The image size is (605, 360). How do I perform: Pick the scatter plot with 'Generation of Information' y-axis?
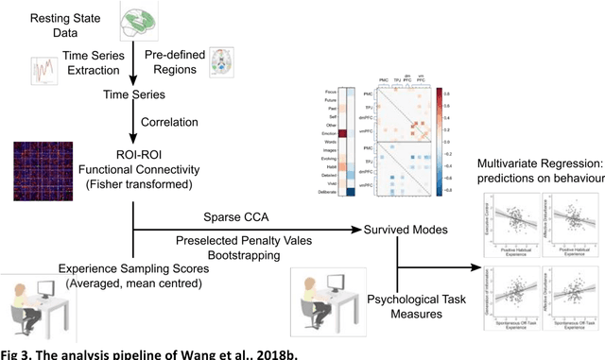(x=502, y=296)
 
